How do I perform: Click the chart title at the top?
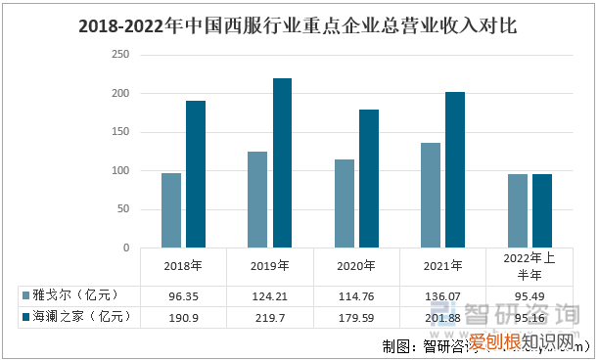click(299, 26)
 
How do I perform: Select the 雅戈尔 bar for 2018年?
click(171, 210)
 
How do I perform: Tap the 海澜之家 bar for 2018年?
click(196, 174)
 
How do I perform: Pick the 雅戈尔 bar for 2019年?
click(257, 200)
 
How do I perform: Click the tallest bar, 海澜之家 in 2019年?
click(282, 163)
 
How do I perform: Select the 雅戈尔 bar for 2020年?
click(344, 203)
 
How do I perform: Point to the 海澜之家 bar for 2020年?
click(368, 179)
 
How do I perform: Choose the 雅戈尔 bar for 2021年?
click(431, 196)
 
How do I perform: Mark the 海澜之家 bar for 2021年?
click(455, 170)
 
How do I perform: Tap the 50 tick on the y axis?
click(122, 209)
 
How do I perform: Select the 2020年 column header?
click(356, 265)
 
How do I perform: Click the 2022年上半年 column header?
click(529, 265)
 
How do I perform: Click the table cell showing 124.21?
click(269, 294)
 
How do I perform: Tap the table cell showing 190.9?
click(183, 317)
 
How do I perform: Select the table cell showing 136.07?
click(442, 294)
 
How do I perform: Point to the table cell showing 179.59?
click(356, 317)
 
